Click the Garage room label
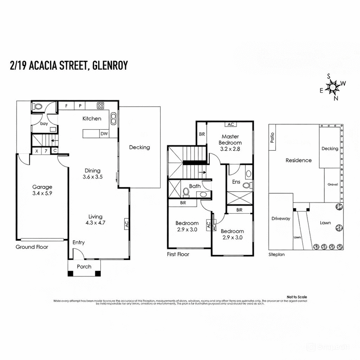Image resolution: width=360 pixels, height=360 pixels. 42,187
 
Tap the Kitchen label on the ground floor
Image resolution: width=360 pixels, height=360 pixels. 91,119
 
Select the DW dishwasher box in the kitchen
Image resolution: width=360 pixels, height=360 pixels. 103,134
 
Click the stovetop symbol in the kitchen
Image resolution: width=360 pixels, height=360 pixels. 100,106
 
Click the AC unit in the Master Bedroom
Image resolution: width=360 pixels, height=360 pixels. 231,124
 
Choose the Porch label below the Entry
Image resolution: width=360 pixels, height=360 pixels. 84,267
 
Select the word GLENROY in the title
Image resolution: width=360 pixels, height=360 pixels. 110,66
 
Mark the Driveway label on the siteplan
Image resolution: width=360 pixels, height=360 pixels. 280,219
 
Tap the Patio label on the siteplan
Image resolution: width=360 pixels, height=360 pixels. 272,138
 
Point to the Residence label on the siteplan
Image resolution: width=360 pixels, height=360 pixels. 298,160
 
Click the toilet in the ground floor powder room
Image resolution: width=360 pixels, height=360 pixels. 38,107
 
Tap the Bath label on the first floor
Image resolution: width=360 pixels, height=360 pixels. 195,186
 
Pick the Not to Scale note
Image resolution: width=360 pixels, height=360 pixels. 297,297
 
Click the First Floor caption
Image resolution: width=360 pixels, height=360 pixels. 178,254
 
